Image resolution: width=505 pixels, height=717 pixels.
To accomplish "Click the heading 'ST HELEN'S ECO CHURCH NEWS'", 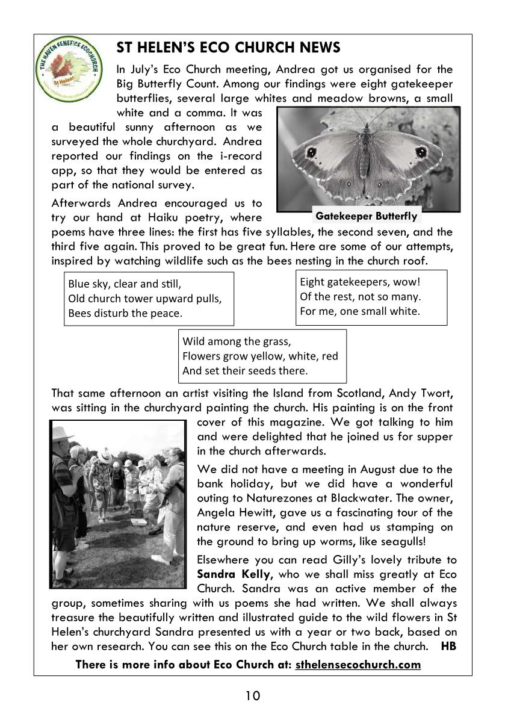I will pos(228,48).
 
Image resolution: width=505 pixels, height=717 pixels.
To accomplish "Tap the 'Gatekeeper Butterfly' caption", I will pos(366,217).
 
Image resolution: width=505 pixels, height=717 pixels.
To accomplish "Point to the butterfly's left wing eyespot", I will pos(312,153).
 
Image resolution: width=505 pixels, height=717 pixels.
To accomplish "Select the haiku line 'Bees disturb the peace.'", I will pos(125,313).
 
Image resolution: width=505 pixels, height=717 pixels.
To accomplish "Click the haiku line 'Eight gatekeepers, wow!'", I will pos(359,282).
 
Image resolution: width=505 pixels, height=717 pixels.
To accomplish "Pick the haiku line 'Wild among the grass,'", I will pos(237,341).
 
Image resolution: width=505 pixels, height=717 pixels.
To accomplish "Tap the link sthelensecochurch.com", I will pos(358,665).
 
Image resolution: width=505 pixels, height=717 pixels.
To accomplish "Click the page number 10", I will pos(253,697).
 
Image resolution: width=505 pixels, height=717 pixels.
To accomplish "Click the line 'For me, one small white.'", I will pos(360,311).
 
